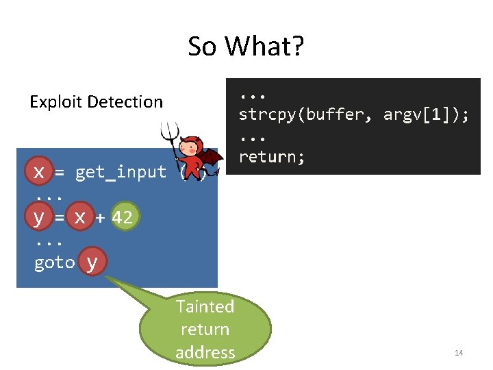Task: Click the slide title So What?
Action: [246, 47]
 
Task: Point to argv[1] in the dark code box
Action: [420, 114]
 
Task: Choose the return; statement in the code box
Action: [272, 157]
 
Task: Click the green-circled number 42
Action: [124, 217]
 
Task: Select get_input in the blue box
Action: [121, 172]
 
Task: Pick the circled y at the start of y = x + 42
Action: [39, 217]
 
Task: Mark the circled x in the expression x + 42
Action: [80, 217]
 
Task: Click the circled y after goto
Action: [92, 263]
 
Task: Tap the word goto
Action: [53, 263]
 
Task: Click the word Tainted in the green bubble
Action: [205, 306]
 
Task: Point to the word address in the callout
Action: [205, 352]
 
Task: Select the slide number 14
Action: [459, 353]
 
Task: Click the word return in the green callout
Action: [205, 330]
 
